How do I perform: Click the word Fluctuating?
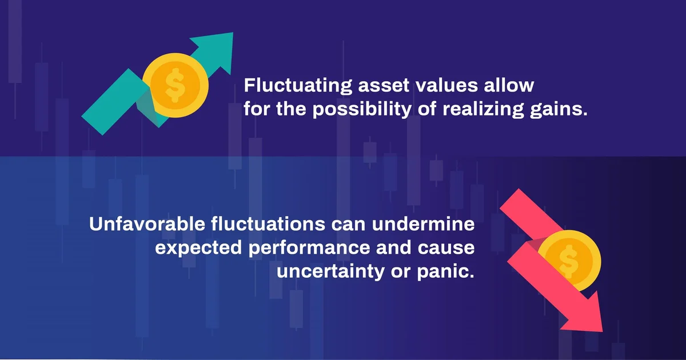298,86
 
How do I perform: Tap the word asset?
384,85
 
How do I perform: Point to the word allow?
509,85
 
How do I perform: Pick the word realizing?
483,109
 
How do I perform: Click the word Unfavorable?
147,224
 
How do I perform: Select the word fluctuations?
268,224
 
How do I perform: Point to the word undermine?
423,224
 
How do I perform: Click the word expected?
198,248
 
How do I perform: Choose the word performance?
309,248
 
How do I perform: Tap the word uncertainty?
330,272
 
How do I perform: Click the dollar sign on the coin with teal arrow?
174,85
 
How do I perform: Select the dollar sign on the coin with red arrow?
568,261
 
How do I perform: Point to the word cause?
446,248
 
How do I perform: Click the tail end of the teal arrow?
92,126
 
